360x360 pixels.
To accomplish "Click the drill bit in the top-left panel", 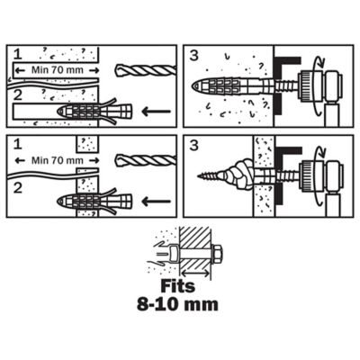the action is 146,70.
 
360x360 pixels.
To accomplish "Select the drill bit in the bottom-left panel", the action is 146,160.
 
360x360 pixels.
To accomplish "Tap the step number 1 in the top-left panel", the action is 18,54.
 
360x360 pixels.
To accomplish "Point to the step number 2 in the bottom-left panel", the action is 18,188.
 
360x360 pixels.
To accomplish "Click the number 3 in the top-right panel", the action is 194,56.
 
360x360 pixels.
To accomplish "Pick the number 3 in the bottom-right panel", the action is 194,146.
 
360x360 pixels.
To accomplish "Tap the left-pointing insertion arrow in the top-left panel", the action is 156,112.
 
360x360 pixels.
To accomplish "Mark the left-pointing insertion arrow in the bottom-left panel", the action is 156,202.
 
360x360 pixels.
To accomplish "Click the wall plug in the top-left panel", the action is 94,112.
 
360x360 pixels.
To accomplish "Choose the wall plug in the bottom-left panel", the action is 94,202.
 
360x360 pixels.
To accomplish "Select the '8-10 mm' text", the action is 177,304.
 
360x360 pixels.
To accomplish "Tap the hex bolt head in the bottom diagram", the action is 218,255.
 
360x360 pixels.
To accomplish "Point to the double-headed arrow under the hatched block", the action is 196,274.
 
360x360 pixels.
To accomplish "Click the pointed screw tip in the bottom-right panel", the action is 199,175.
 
